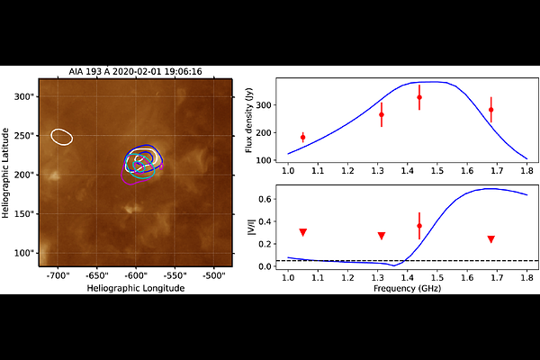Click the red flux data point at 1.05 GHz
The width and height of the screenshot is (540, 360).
[302, 138]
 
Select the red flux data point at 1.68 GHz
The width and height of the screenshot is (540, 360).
[491, 110]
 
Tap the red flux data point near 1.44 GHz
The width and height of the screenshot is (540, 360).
[419, 97]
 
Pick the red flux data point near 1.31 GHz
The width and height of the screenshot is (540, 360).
[382, 114]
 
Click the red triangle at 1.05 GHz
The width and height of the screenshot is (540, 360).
[302, 232]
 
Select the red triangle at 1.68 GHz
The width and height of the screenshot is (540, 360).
[491, 239]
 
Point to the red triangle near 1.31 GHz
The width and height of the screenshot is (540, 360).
[382, 236]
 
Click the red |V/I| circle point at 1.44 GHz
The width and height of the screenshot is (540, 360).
[419, 226]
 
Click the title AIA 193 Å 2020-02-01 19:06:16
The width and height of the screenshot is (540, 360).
[135, 72]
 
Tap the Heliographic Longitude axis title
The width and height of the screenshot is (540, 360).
[136, 288]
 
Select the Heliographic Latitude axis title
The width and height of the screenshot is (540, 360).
[5, 173]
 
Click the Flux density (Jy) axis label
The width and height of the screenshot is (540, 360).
[249, 121]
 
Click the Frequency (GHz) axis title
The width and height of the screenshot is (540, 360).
[407, 288]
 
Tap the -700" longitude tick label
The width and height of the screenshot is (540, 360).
[58, 275]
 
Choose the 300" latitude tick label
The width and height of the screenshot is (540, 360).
[24, 97]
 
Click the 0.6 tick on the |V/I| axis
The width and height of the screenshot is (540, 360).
[265, 199]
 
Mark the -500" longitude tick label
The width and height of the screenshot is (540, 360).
[214, 275]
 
